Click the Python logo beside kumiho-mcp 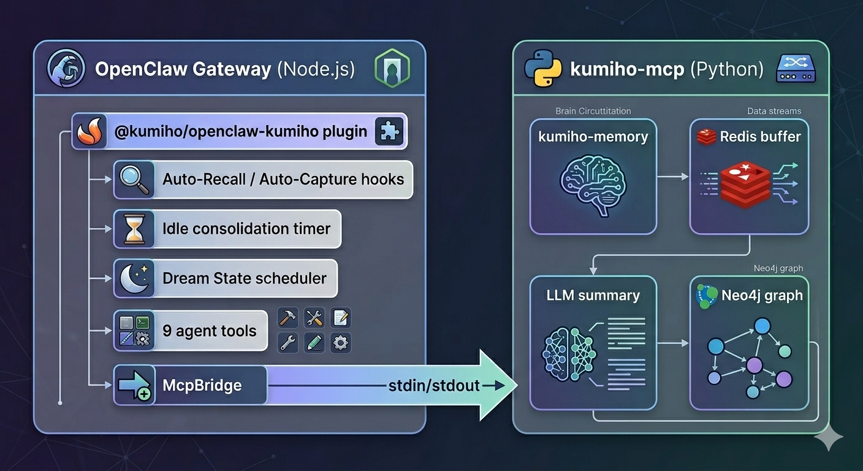pos(543,69)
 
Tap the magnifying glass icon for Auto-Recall pos(134,180)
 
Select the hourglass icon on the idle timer pos(134,229)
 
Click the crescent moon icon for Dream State pos(134,278)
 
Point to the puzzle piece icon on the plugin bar pos(389,131)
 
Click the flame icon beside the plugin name pos(89,131)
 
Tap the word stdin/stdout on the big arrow pos(433,386)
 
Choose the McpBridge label pos(202,386)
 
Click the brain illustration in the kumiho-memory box pos(592,185)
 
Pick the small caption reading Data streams pos(774,111)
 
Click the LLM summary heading pos(593,295)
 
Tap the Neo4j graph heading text pos(762,295)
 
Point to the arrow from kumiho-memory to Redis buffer pos(672,177)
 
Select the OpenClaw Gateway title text pos(183,69)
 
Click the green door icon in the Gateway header pos(392,69)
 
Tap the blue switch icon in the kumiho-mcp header pos(794,69)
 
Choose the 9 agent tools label pos(209,331)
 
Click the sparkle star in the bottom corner pos(828,437)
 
